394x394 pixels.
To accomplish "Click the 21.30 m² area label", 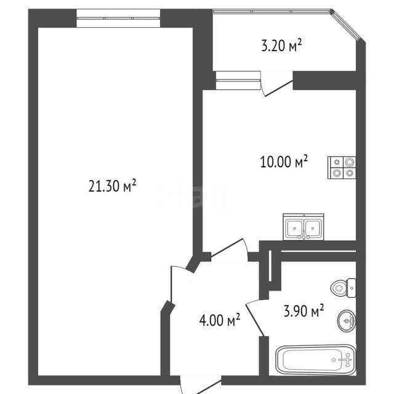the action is point(112,186).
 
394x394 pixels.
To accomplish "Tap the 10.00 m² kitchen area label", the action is point(284,161).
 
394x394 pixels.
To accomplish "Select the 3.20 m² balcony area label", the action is point(281,45).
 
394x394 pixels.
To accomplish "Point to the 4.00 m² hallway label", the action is point(220,320).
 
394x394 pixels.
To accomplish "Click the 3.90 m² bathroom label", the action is point(304,310).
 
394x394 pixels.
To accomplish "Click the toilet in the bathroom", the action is point(344,288).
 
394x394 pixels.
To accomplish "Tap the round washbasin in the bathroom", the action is point(347,321).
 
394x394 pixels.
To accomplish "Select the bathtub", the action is point(316,360).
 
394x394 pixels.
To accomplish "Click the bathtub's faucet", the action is point(347,360).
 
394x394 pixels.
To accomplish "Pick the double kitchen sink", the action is point(304,227).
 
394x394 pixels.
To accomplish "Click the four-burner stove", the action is point(342,167).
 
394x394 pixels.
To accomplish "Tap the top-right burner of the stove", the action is point(349,162).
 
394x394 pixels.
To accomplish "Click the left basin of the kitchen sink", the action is point(294,228).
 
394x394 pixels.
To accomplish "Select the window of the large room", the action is point(118,18).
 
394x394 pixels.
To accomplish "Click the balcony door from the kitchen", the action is point(277,85).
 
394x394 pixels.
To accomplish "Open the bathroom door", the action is point(255,318).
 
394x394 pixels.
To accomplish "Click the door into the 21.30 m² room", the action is point(179,284).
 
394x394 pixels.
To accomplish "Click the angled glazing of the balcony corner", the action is point(348,25).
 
